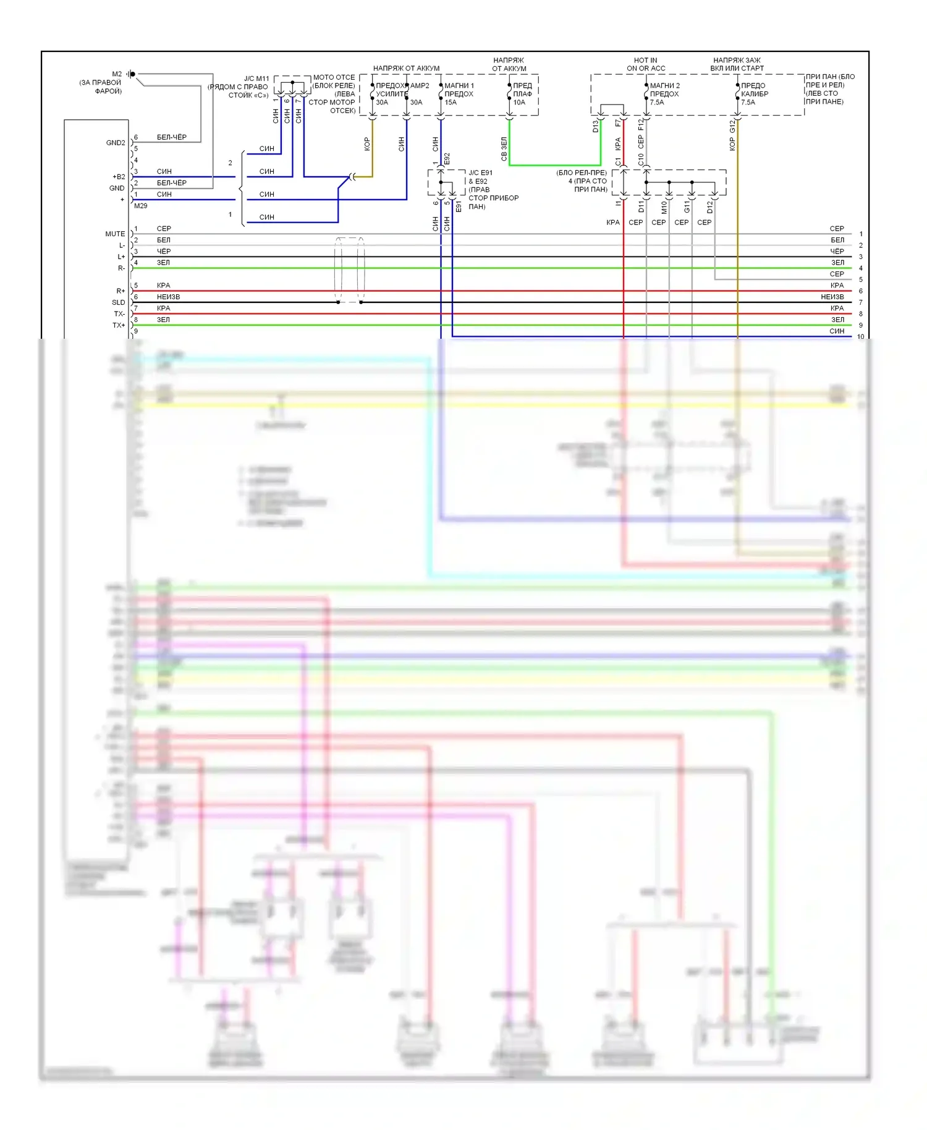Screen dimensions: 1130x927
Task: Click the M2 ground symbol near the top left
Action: click(132, 74)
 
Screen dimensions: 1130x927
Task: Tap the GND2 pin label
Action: click(116, 143)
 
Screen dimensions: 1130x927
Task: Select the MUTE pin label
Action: click(115, 234)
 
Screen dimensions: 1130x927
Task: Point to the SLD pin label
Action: click(118, 303)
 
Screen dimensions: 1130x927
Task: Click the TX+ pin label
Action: click(119, 326)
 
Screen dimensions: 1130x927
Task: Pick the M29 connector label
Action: click(141, 206)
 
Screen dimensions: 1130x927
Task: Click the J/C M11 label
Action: click(256, 79)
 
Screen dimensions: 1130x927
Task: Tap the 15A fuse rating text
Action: click(451, 103)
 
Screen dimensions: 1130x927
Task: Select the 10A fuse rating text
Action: click(519, 103)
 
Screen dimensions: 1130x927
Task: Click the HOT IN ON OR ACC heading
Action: click(646, 64)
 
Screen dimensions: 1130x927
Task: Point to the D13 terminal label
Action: click(596, 126)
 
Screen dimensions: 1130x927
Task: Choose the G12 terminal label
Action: click(732, 126)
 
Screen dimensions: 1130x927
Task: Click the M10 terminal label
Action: click(664, 207)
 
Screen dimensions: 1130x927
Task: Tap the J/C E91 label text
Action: click(481, 173)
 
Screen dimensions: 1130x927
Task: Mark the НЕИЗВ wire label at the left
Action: click(168, 297)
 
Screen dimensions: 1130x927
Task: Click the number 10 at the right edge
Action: click(861, 337)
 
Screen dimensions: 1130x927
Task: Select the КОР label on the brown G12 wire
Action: click(732, 144)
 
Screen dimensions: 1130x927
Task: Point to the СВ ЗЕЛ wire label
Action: click(504, 150)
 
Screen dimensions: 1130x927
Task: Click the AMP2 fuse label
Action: click(420, 86)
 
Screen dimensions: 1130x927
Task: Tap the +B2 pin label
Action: click(119, 177)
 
